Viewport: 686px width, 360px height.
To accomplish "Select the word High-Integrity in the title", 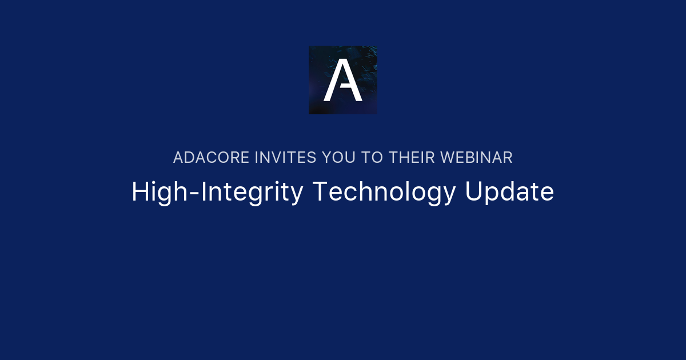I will click(217, 193).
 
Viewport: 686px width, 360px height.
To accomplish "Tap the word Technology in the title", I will click(384, 193).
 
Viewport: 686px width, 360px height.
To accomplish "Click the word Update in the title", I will click(509, 193).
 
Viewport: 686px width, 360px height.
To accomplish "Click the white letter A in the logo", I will click(343, 81).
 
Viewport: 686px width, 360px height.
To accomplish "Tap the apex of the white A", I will click(343, 61).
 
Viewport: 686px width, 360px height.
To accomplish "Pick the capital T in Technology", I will click(319, 192).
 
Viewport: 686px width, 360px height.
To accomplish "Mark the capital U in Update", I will click(473, 192).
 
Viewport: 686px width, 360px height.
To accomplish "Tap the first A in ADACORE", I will click(178, 158).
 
